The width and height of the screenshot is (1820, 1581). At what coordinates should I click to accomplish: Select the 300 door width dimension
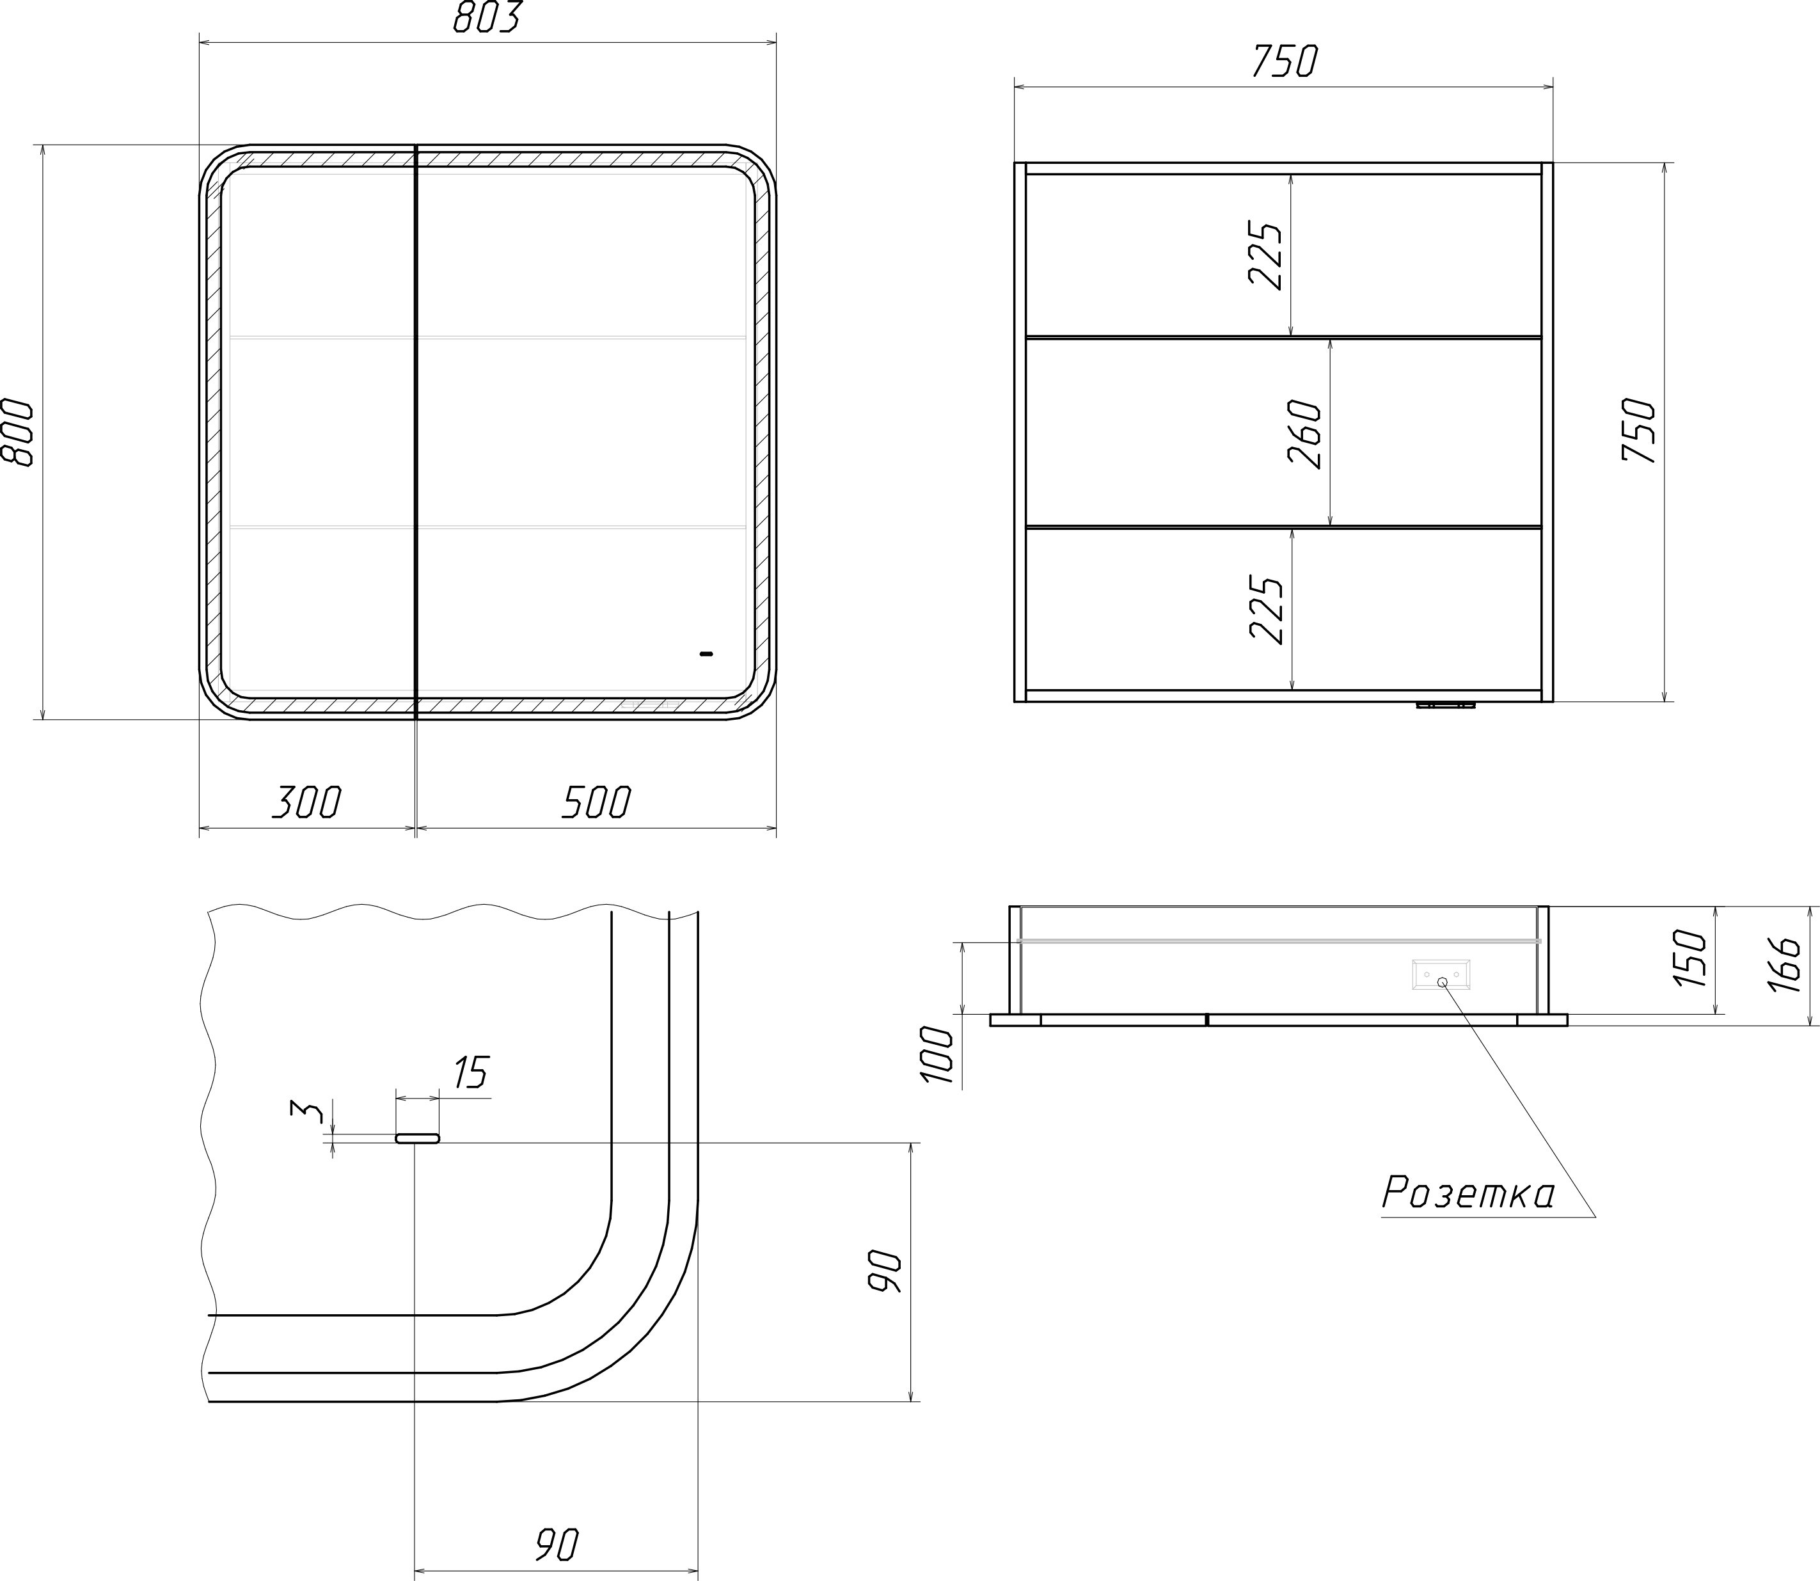click(x=306, y=802)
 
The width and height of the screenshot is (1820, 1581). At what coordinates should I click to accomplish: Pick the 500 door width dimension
click(x=597, y=802)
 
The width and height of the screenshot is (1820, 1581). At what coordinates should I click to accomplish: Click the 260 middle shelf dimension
click(x=1306, y=434)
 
